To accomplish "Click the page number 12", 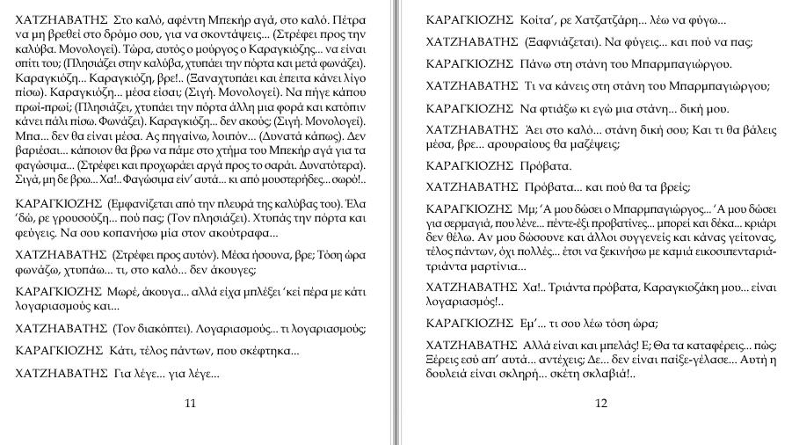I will (601, 403).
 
